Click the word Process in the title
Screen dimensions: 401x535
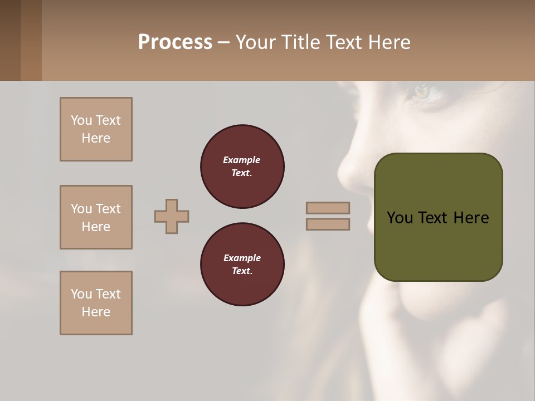click(x=175, y=42)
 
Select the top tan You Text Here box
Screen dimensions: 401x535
click(x=96, y=129)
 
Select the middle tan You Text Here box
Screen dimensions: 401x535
click(x=96, y=217)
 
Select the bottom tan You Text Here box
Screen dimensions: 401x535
click(x=96, y=303)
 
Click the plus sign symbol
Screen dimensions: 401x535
click(x=172, y=216)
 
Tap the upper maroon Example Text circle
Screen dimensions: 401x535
click(x=242, y=167)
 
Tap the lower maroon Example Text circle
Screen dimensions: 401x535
click(x=242, y=265)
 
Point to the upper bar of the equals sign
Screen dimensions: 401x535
click(x=328, y=208)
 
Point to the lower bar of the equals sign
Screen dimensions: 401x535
click(x=328, y=224)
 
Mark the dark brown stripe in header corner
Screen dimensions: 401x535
click(x=10, y=40)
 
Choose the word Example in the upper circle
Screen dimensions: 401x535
click(x=242, y=160)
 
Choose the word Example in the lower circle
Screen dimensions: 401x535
click(x=242, y=258)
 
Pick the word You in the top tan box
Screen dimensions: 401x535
click(x=81, y=120)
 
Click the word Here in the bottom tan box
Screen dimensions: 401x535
click(x=96, y=312)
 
